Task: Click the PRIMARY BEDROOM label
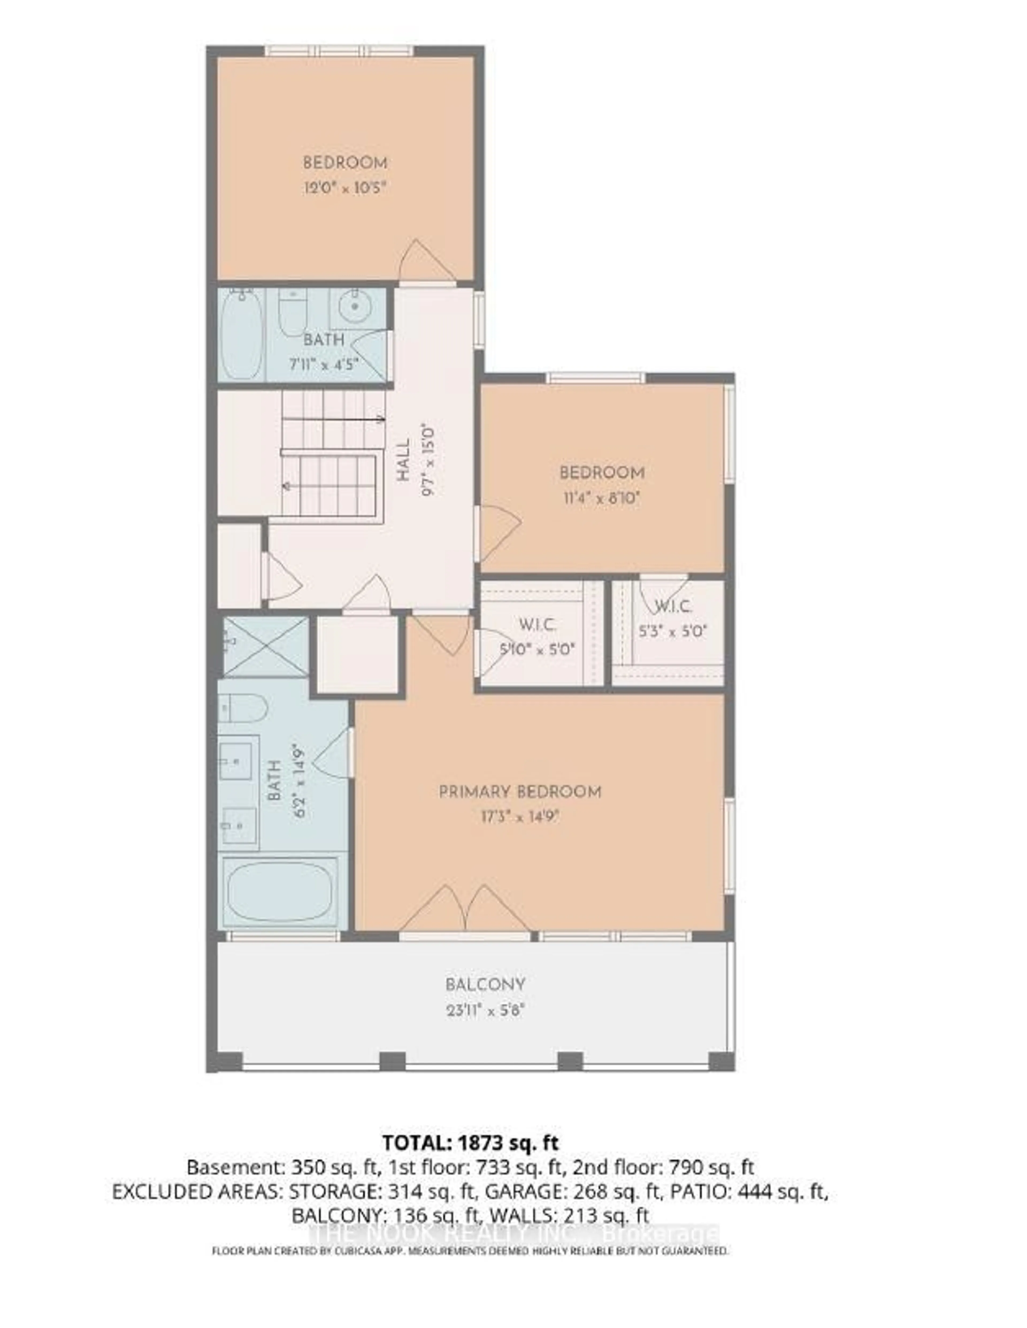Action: coord(520,792)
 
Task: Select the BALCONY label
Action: coord(485,984)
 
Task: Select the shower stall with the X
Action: coord(266,646)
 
